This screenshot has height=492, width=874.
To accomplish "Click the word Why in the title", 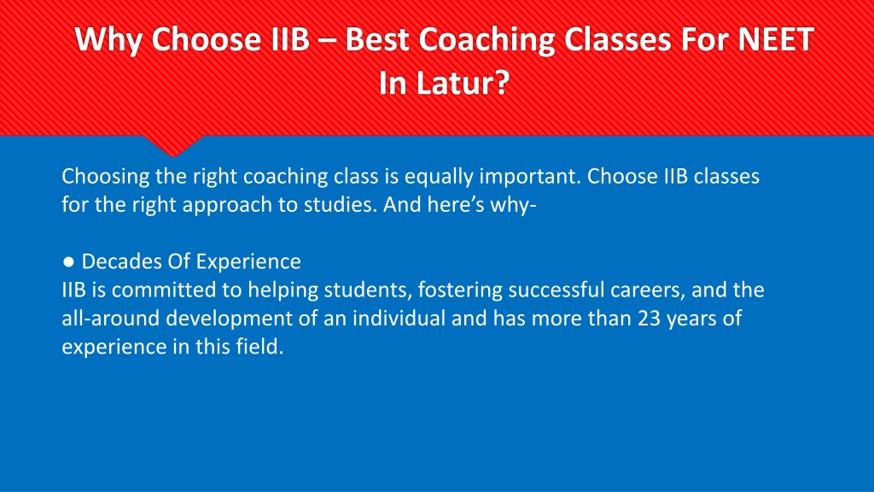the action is click(108, 39).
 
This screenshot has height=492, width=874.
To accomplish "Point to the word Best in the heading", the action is click(376, 39).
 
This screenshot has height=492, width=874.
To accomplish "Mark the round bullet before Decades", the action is click(68, 261).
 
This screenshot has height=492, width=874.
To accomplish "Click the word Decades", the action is click(122, 261).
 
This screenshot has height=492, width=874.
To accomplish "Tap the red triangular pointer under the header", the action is click(172, 145).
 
